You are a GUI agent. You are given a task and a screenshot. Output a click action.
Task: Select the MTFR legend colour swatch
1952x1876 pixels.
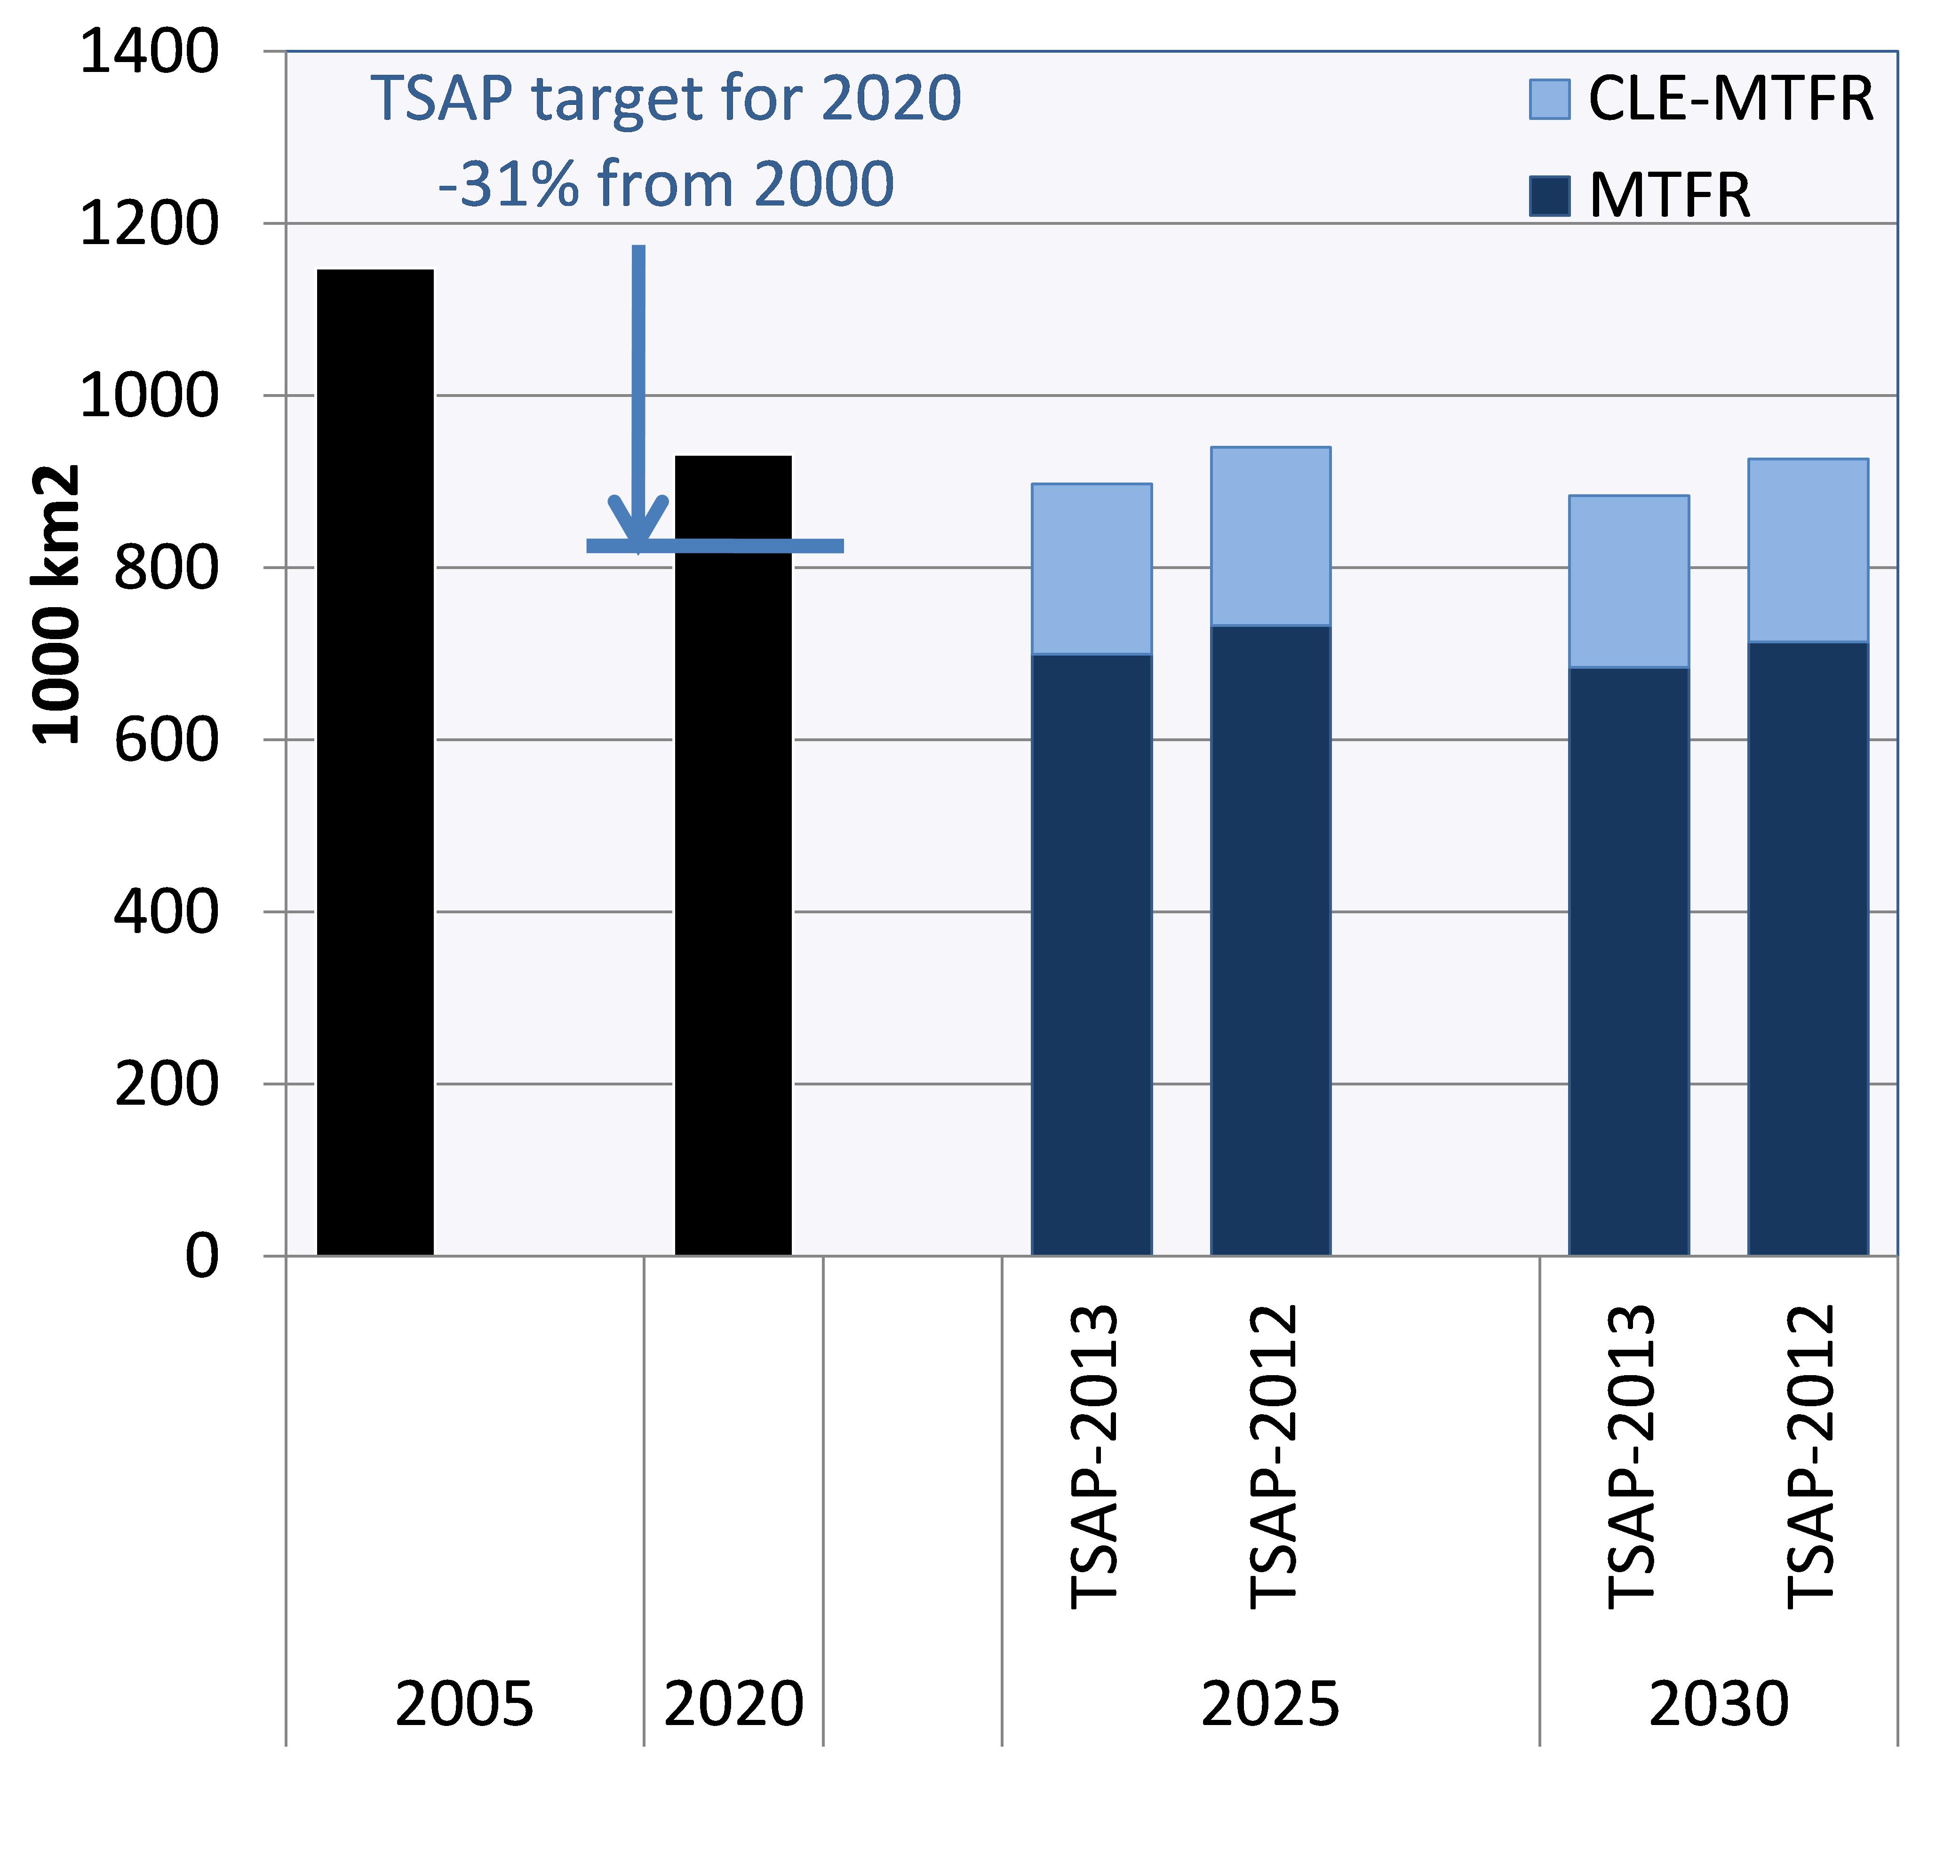point(1550,195)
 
